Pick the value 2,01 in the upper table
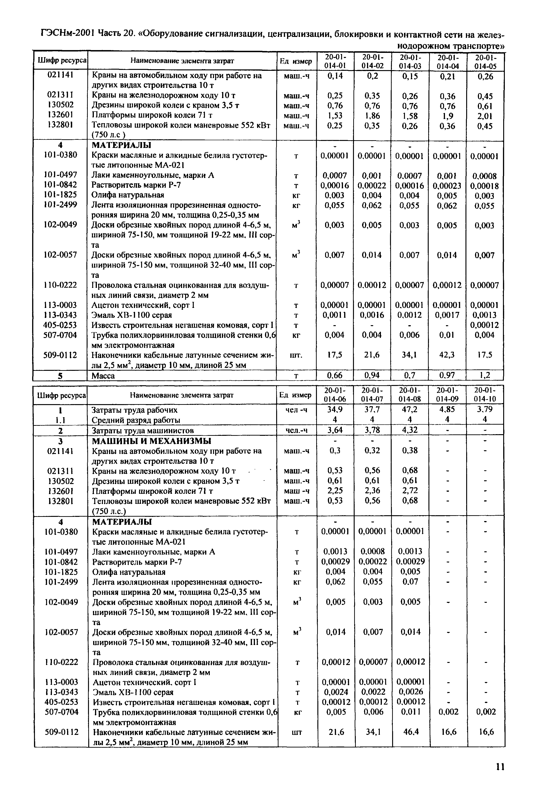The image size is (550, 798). click(485, 116)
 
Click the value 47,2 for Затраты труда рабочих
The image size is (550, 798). click(410, 409)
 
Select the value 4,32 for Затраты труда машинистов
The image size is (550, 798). click(410, 430)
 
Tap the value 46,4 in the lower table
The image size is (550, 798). click(410, 732)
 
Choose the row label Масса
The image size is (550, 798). click(103, 376)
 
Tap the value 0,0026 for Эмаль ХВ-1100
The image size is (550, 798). click(410, 692)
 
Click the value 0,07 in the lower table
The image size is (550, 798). click(410, 582)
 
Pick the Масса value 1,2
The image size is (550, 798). click(485, 375)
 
